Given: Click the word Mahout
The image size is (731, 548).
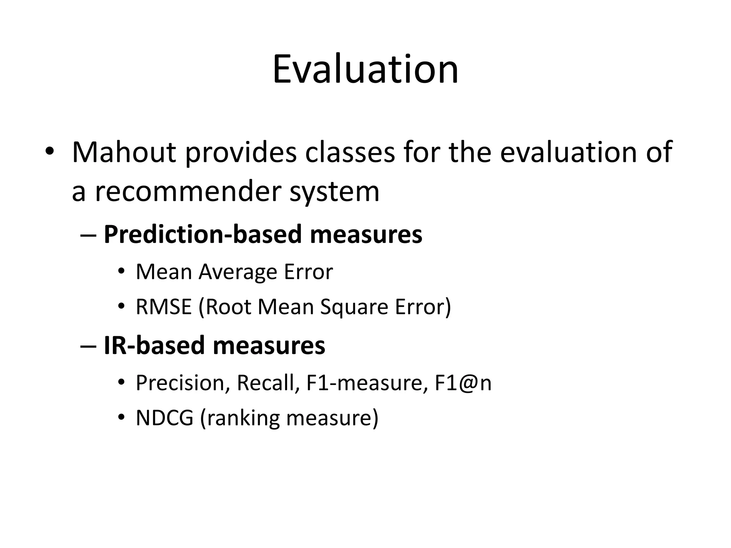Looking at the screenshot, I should [x=124, y=152].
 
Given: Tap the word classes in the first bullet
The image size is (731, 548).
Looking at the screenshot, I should [x=350, y=152].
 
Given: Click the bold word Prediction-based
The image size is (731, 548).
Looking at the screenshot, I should [x=203, y=234].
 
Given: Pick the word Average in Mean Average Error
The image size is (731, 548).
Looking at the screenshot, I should [x=238, y=272].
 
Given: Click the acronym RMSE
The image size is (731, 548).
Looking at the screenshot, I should [x=164, y=307].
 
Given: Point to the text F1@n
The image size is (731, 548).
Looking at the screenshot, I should [x=463, y=383].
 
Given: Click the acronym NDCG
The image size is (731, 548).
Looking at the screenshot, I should [x=165, y=418].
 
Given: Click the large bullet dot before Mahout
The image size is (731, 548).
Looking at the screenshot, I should [x=49, y=152].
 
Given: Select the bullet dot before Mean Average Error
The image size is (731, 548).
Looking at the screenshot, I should [x=121, y=272].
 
